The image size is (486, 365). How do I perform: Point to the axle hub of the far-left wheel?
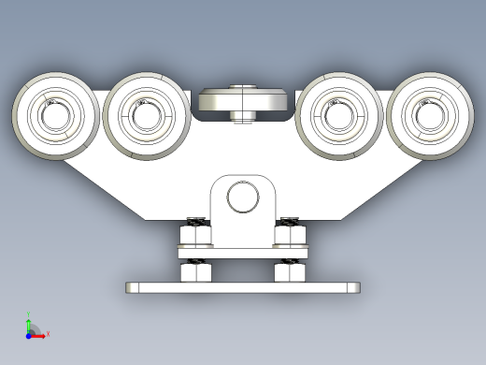tap(55, 116)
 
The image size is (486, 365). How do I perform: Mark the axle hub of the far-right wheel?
tap(430, 116)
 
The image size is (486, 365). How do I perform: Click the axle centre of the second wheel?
tap(146, 116)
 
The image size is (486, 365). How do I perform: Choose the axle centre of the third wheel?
tap(337, 116)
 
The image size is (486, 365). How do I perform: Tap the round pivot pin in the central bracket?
tap(243, 197)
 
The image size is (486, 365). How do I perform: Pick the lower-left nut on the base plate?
tap(195, 271)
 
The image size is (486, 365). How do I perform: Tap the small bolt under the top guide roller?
tap(243, 116)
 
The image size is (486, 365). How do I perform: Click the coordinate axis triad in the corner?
tap(32, 328)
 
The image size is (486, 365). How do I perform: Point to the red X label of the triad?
tap(48, 333)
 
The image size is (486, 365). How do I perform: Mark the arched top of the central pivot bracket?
tap(243, 178)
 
